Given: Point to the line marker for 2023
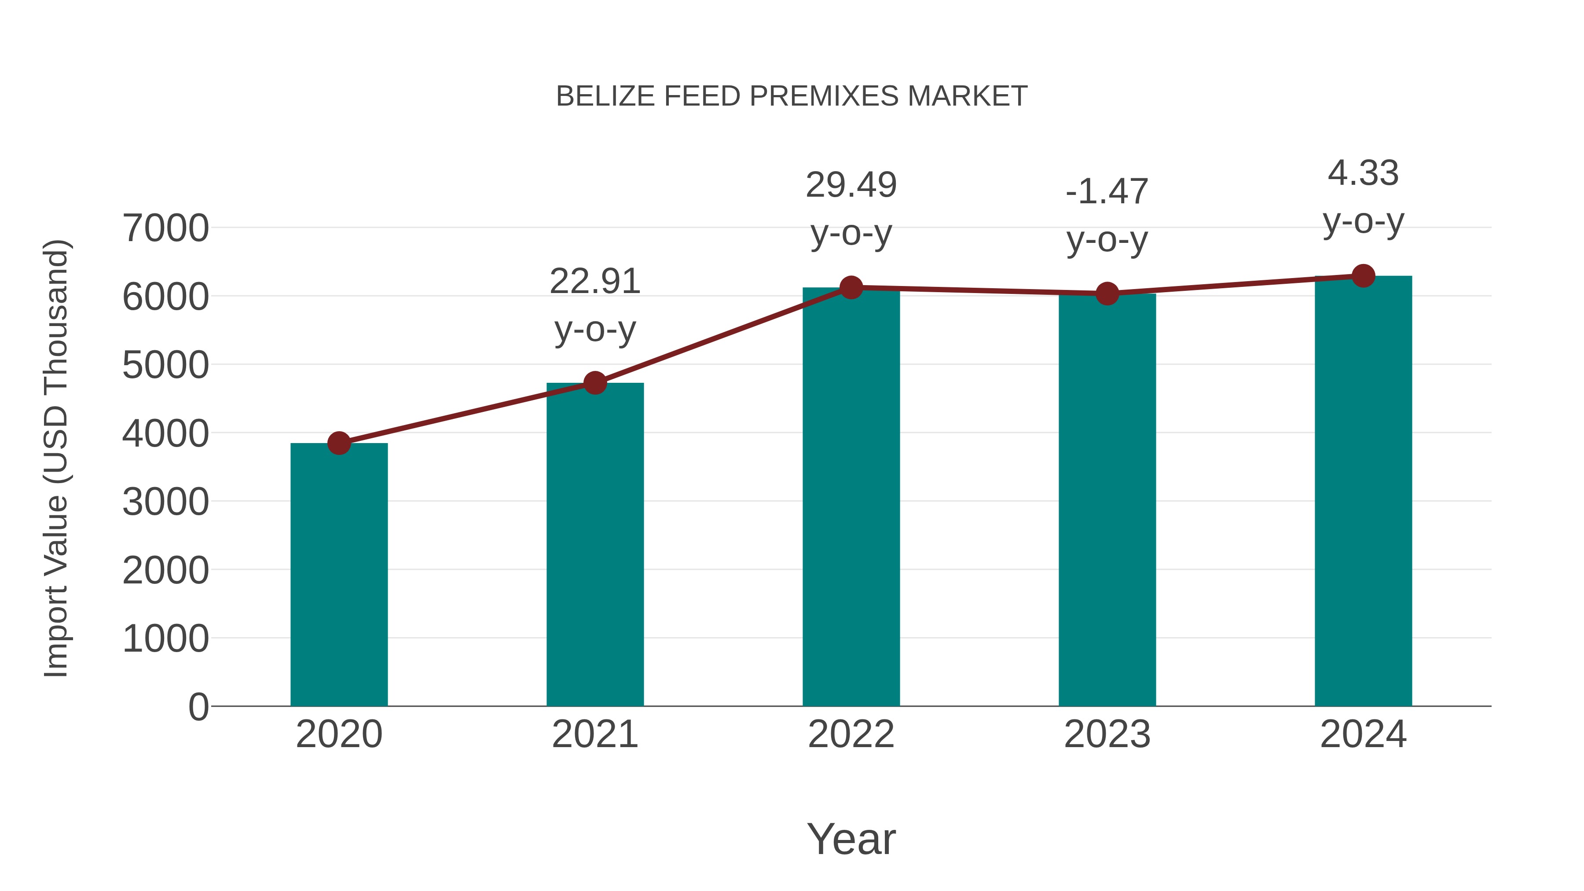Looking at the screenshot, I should (x=1107, y=294).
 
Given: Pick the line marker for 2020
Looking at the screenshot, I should (x=339, y=443).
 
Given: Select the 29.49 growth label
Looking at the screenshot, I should (x=851, y=185).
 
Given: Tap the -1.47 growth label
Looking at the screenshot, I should (x=1107, y=192).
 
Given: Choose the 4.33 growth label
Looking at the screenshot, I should (x=1363, y=173).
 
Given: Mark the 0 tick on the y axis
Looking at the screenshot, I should (x=198, y=707).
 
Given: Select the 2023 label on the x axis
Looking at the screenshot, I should (x=1107, y=734).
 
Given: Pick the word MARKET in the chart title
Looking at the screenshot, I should (x=967, y=96).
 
